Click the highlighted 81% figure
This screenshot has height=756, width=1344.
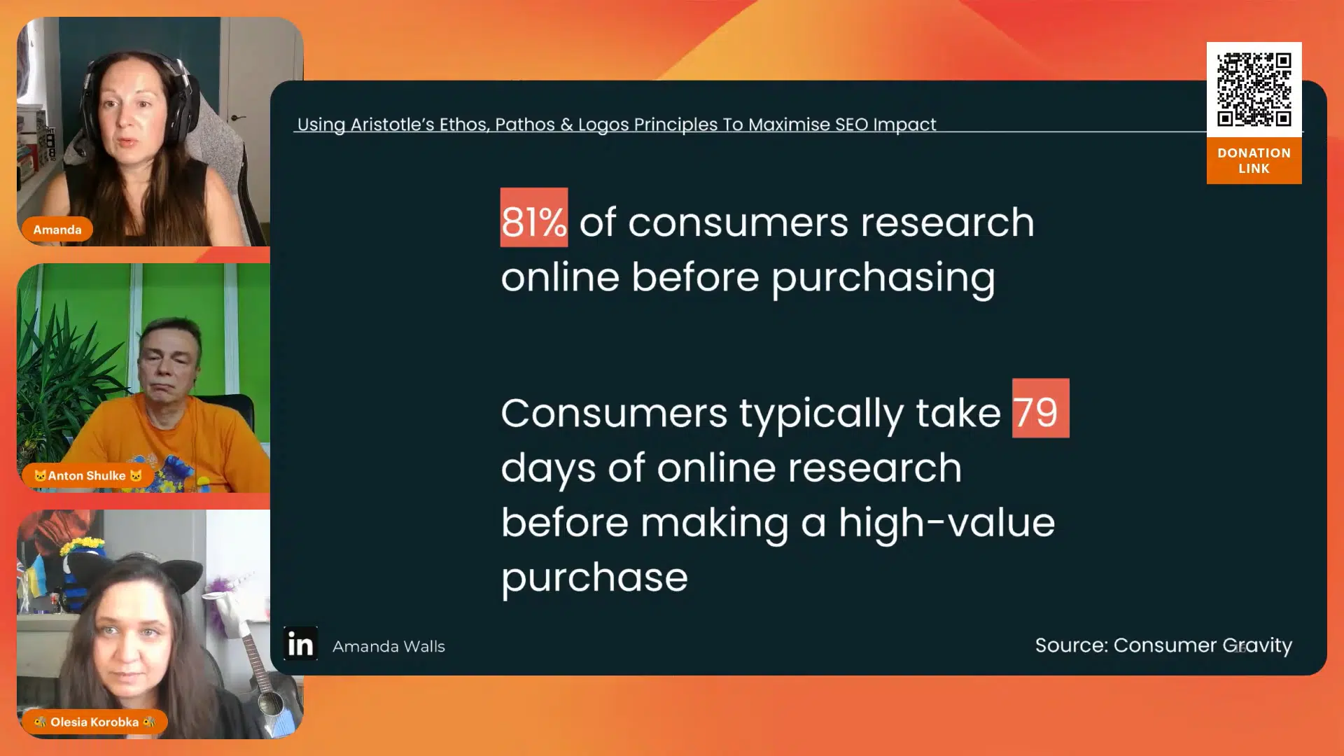[533, 218]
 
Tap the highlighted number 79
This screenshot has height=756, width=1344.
[1040, 408]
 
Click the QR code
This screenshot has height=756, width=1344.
[1254, 90]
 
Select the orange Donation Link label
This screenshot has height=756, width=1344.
[1254, 160]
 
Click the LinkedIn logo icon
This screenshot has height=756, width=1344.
[300, 643]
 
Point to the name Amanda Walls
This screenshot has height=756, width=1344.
[388, 646]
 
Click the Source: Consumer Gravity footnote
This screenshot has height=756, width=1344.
[1163, 645]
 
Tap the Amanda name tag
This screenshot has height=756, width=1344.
[57, 230]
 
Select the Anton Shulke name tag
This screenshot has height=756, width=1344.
[87, 476]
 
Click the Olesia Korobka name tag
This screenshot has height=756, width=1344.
[94, 722]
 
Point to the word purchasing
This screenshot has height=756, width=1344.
[883, 279]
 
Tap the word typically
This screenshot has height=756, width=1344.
[821, 414]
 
